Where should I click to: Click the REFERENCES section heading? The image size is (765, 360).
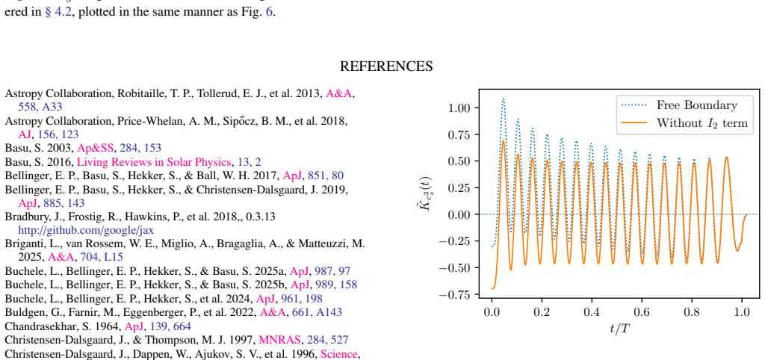coord(386,66)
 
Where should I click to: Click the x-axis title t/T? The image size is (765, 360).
coord(619,329)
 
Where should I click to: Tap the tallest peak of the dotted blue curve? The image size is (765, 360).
coord(504,99)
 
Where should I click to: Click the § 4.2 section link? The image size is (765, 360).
coord(59,13)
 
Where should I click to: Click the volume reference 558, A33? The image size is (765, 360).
coord(40,107)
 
